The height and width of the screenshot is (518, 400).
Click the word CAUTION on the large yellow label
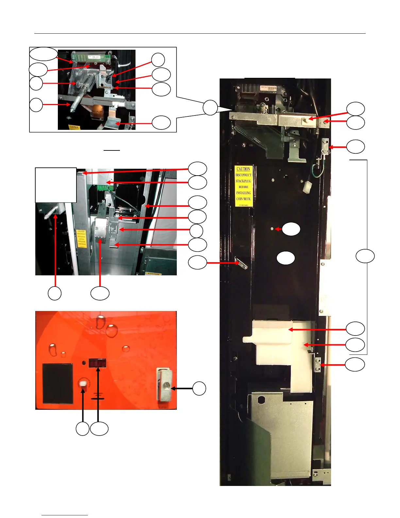pyautogui.click(x=243, y=169)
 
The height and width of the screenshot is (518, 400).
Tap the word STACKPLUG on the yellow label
pyautogui.click(x=243, y=181)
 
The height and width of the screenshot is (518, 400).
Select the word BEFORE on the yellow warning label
pyautogui.click(x=243, y=187)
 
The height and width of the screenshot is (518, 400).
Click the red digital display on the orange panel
pyautogui.click(x=98, y=363)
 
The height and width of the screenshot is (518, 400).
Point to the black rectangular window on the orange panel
pyautogui.click(x=58, y=383)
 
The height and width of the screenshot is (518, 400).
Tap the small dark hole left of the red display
pyautogui.click(x=84, y=363)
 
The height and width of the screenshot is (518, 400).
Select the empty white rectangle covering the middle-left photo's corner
pyautogui.click(x=56, y=185)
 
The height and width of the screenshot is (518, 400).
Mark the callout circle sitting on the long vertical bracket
pyautogui.click(x=365, y=256)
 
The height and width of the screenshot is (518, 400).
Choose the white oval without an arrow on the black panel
pyautogui.click(x=286, y=258)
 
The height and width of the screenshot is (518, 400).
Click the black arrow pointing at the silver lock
pyautogui.click(x=182, y=388)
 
